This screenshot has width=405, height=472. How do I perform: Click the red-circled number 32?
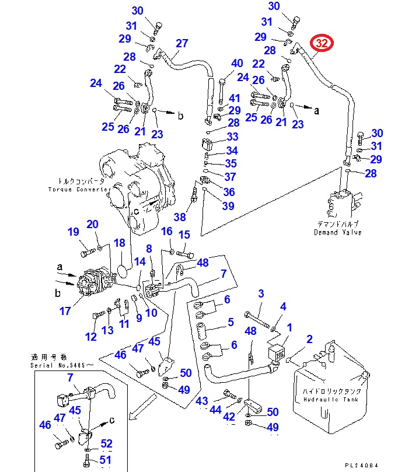click(x=322, y=44)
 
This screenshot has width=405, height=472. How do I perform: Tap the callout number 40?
click(x=236, y=64)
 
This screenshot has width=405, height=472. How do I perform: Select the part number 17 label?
click(x=65, y=312)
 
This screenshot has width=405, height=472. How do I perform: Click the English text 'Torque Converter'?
click(x=79, y=190)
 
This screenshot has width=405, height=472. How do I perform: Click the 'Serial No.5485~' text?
click(x=61, y=365)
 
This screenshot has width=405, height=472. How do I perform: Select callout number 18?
click(x=119, y=243)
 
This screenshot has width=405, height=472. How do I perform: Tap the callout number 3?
click(x=261, y=293)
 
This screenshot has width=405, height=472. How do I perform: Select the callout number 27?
click(x=182, y=43)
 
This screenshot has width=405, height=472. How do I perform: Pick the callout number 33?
click(x=233, y=137)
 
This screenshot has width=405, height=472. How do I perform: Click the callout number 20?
click(x=93, y=225)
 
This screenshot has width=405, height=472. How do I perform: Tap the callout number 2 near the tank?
click(x=309, y=339)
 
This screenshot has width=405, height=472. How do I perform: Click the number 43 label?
click(x=202, y=401)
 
